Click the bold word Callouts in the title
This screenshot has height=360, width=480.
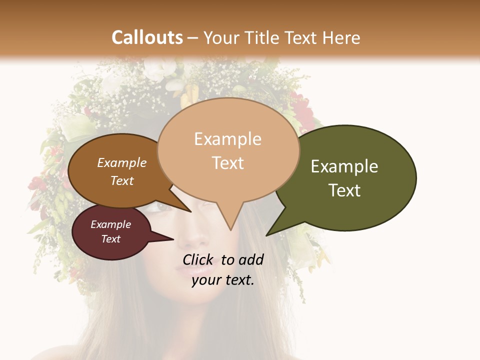(147, 37)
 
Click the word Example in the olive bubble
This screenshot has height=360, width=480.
(344, 166)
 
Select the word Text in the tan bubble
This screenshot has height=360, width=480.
(228, 163)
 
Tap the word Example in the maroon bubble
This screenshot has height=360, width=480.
(111, 224)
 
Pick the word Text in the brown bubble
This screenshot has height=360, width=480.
(122, 180)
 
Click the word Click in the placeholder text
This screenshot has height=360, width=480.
(198, 259)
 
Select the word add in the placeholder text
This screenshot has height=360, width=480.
(251, 259)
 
